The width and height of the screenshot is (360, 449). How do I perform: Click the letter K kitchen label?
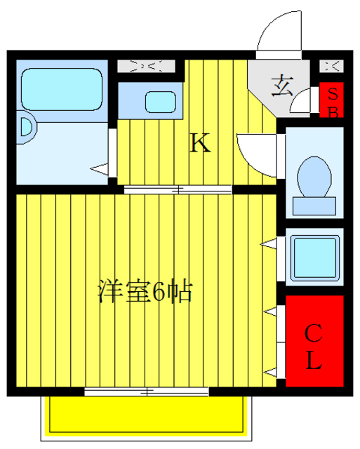(201, 144)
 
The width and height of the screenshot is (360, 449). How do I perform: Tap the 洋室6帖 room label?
(145, 291)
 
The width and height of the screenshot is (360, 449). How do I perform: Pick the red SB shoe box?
(333, 101)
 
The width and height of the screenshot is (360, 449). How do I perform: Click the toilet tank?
(315, 206)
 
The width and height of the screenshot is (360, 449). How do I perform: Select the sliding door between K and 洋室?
(178, 189)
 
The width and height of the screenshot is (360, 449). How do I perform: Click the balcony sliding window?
(148, 391)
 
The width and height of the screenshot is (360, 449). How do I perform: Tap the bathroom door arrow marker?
(100, 168)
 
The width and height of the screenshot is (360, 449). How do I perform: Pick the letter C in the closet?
(314, 332)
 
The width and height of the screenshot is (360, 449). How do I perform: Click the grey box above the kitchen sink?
(145, 67)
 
